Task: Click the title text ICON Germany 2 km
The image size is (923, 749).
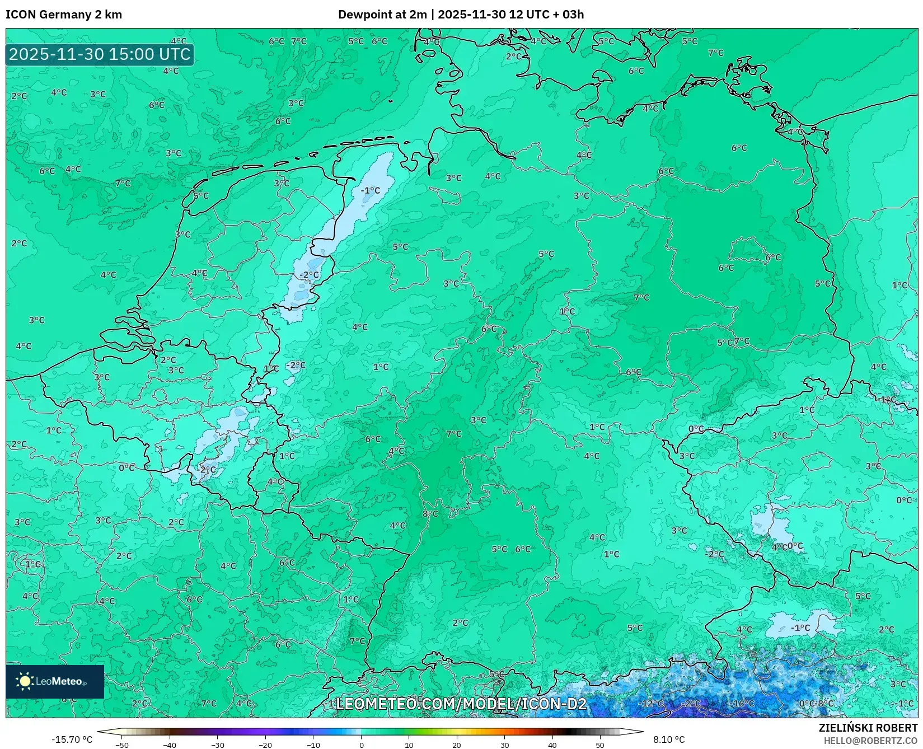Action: pos(64,15)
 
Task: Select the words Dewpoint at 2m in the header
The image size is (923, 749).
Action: pos(382,15)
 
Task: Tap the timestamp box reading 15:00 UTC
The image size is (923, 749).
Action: pos(100,54)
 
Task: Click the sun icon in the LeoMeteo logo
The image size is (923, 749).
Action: pos(25,681)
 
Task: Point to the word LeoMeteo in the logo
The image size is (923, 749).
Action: pos(59,681)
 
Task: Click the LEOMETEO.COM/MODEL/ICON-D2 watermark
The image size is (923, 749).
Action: pos(461,704)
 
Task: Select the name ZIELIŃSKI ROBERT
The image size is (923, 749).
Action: pos(868,728)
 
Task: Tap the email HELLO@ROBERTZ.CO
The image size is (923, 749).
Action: pos(870,741)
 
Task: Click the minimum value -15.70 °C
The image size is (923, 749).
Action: pos(72,739)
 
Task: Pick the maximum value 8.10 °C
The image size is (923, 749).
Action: pos(669,739)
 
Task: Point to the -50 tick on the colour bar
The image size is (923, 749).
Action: pos(121,745)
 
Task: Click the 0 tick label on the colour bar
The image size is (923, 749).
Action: pos(361,745)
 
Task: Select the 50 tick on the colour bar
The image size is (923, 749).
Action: pos(600,745)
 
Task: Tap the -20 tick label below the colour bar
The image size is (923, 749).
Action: pos(265,745)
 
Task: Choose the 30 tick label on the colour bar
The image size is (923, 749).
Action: pos(504,745)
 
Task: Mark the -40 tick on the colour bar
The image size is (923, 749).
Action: pos(170,745)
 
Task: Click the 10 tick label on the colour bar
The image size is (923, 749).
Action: pos(409,745)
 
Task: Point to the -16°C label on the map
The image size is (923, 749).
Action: pos(743,704)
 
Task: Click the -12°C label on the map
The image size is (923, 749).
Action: pos(652,704)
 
